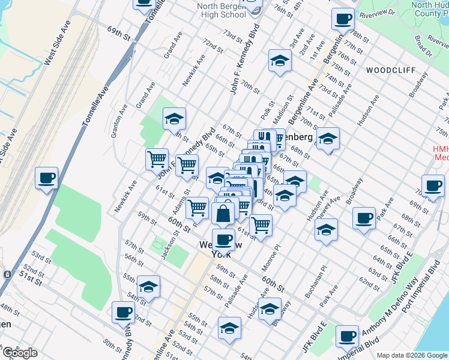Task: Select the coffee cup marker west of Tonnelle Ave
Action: (x=46, y=178)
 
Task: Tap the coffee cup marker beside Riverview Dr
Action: (x=342, y=19)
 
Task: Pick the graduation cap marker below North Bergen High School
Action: (x=279, y=61)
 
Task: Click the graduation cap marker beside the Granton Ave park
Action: (x=174, y=119)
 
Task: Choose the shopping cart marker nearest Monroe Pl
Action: (x=261, y=226)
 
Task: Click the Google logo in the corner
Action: (x=20, y=353)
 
